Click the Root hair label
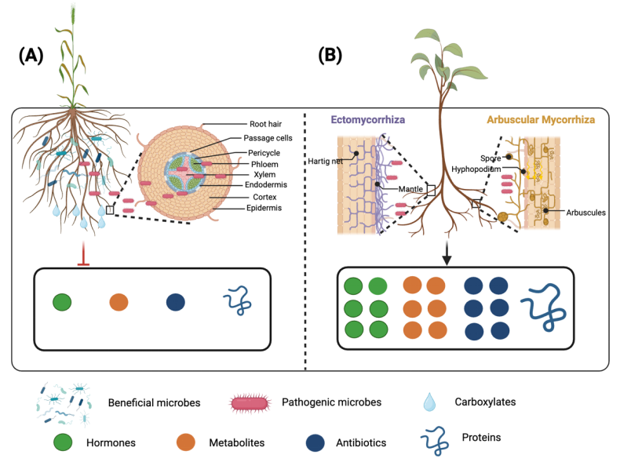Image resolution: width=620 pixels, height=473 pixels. pos(266,124)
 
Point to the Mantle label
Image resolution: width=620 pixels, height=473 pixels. pos(399,189)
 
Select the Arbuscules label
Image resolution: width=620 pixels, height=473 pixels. pos(585,212)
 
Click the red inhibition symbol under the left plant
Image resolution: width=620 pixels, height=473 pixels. pos(83,257)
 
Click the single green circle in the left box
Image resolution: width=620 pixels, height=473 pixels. pos(63,303)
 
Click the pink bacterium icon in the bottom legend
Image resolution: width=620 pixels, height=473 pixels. pos(250,403)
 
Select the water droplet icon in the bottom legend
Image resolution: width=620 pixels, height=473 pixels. pos(429,402)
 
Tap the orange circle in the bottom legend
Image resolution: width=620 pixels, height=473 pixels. pos(185,442)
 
